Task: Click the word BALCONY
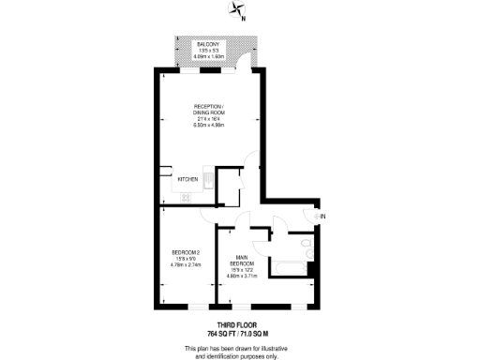point(208,44)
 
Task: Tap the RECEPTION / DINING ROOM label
point(208,109)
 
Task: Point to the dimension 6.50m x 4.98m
point(208,126)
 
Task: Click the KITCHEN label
point(187,179)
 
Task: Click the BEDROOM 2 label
point(184,253)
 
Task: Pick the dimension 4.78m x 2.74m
point(184,265)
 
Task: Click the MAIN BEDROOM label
point(241,261)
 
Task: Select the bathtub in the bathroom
point(288,270)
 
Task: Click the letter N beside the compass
point(244,18)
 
